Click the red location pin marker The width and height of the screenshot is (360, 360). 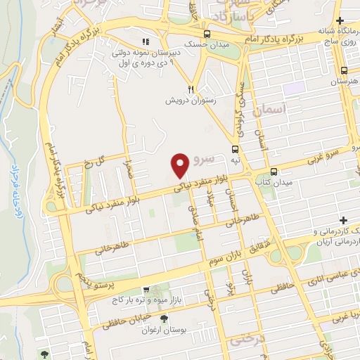tap(180, 165)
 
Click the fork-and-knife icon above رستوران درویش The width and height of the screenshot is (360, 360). tap(190, 89)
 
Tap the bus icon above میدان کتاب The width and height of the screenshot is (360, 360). tap(274, 172)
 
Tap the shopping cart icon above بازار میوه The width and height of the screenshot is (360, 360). tap(145, 289)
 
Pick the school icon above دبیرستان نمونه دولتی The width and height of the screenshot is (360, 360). tap(146, 41)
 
